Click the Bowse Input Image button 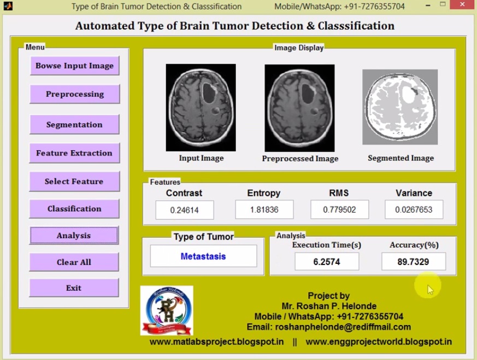(74, 66)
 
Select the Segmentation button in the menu (74, 125)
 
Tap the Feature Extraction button (74, 153)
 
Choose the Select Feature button (74, 181)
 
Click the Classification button (74, 209)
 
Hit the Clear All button (74, 262)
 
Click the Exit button (74, 288)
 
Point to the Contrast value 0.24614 (185, 210)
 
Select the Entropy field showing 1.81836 (264, 210)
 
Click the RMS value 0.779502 (339, 210)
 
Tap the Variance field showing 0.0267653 (414, 210)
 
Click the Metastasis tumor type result (203, 256)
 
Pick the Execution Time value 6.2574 (327, 262)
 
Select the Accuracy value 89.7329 (413, 262)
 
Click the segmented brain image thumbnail (400, 107)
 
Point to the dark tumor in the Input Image (209, 92)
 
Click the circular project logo (167, 310)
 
